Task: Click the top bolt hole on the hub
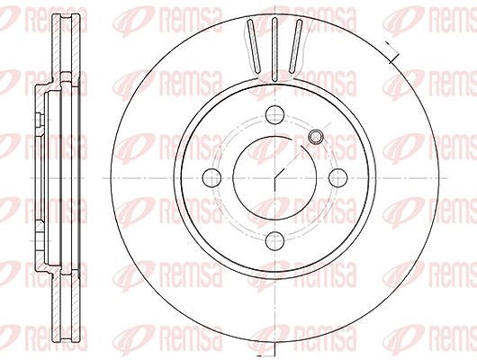coord(274,114)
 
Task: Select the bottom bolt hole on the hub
coord(274,240)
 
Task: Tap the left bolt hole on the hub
coord(211,178)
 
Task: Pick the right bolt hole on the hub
coord(338,178)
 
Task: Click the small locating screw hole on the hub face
coord(316,137)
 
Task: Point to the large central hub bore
coord(274,178)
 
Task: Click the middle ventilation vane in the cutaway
coord(274,49)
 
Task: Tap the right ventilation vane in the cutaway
coord(296,46)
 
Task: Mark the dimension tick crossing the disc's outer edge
coord(391,51)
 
